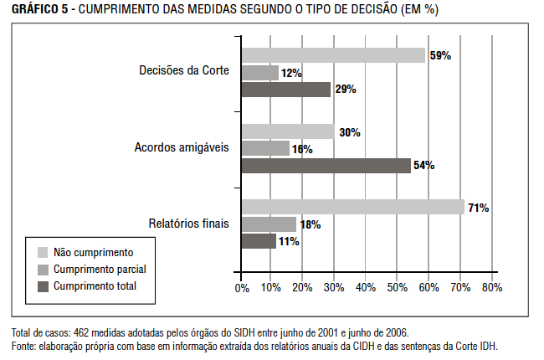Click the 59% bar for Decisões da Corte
[x=333, y=56]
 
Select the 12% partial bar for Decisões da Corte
[x=259, y=73]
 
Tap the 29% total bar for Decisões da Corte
[x=285, y=90]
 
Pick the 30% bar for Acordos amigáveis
[x=287, y=132]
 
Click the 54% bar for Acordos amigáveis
[x=326, y=166]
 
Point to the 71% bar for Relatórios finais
[x=352, y=208]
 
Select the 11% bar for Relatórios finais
[x=258, y=241]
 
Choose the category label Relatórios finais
[x=187, y=224]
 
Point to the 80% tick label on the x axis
[x=491, y=288]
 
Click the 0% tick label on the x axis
[x=242, y=288]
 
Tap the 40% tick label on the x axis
[x=367, y=288]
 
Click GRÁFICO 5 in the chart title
[x=36, y=9]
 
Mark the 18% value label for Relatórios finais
[x=310, y=224]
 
